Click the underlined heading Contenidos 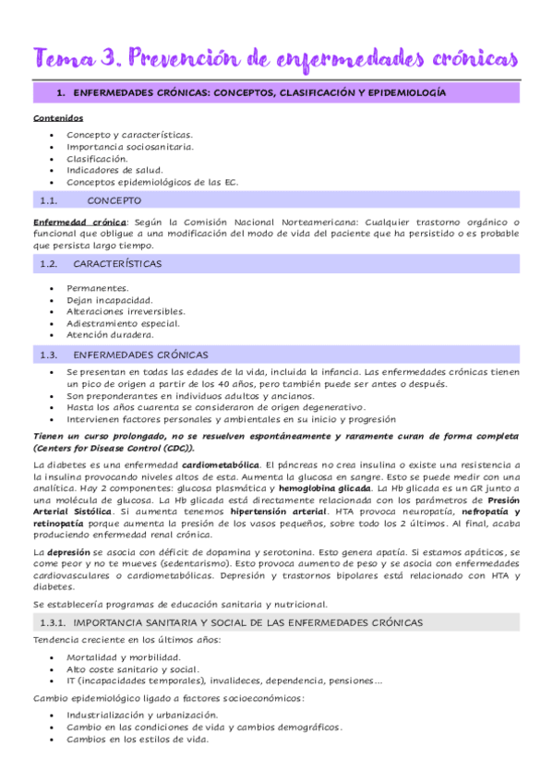58,119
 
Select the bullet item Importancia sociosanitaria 129,146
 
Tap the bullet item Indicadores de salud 114,170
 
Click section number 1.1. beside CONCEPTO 49,199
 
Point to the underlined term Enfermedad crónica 79,222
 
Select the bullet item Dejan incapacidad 110,300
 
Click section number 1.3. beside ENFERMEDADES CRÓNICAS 49,355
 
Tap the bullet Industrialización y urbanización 142,716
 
